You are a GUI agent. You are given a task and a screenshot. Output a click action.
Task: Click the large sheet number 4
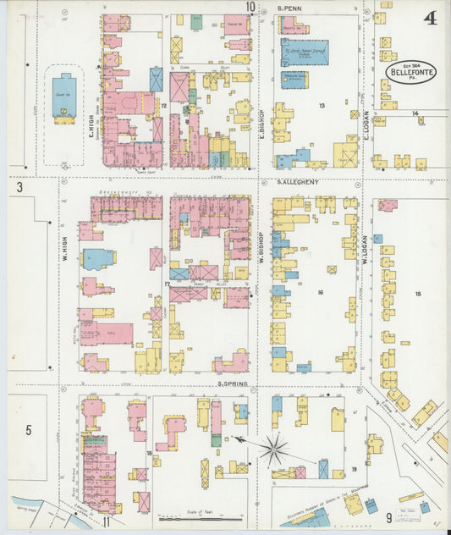click(x=431, y=18)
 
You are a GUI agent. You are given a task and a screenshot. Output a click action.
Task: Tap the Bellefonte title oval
click(x=411, y=72)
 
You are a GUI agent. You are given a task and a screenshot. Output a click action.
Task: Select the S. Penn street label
click(x=290, y=8)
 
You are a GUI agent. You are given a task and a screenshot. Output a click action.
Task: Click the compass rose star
click(x=273, y=450)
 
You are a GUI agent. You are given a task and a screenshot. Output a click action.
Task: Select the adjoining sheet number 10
click(x=250, y=8)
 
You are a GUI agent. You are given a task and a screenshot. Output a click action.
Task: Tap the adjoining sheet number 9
click(x=389, y=517)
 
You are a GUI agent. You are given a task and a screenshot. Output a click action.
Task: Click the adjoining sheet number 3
click(x=18, y=186)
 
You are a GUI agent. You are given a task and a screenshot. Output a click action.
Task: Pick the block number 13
click(x=322, y=106)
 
